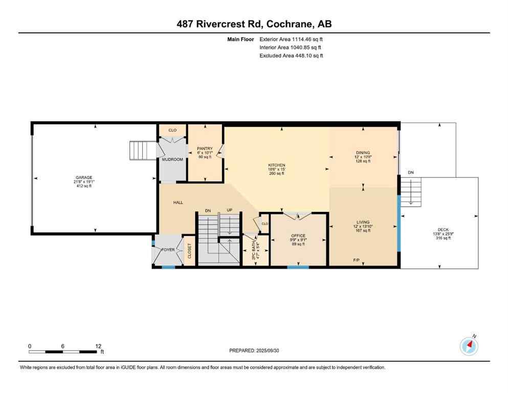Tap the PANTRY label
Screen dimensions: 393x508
tap(205, 149)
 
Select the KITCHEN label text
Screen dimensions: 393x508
tap(276, 165)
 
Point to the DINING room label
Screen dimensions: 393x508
tap(363, 152)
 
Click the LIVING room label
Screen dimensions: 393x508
tap(363, 222)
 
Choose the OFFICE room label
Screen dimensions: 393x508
tap(298, 236)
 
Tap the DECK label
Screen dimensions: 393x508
tap(443, 230)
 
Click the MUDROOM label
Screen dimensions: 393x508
tap(172, 159)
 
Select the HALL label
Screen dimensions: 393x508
tap(178, 203)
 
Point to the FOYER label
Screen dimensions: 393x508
tap(168, 250)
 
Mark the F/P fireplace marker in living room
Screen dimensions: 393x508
tap(356, 260)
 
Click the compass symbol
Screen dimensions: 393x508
tap(469, 346)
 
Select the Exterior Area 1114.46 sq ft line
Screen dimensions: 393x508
tap(291, 39)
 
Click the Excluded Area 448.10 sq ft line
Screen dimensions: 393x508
tap(291, 56)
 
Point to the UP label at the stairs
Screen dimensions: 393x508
tap(230, 210)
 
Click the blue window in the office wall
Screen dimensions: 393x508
tap(298, 267)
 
